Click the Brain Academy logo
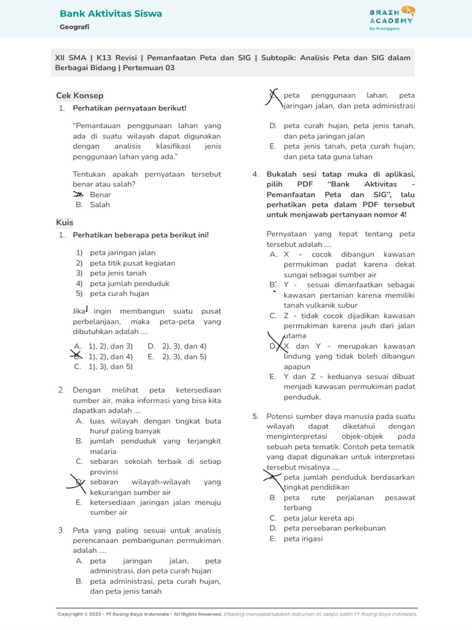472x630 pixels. (x=391, y=18)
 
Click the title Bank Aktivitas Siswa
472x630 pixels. (x=111, y=14)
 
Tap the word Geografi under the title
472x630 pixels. (x=74, y=28)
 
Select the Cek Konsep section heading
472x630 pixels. (x=79, y=96)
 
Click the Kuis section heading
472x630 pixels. (x=65, y=222)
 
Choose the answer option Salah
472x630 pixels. (x=100, y=205)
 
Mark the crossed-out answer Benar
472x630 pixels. (x=100, y=194)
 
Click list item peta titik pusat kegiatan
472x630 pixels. (x=132, y=263)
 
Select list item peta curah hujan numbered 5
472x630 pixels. (x=119, y=293)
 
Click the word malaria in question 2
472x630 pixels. (x=103, y=451)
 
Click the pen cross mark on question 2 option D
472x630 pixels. (x=79, y=483)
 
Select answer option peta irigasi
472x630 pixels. (x=303, y=538)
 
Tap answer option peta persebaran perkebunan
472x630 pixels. (x=334, y=528)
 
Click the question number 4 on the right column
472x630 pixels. (x=255, y=174)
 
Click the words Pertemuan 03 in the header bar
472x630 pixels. (x=149, y=68)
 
